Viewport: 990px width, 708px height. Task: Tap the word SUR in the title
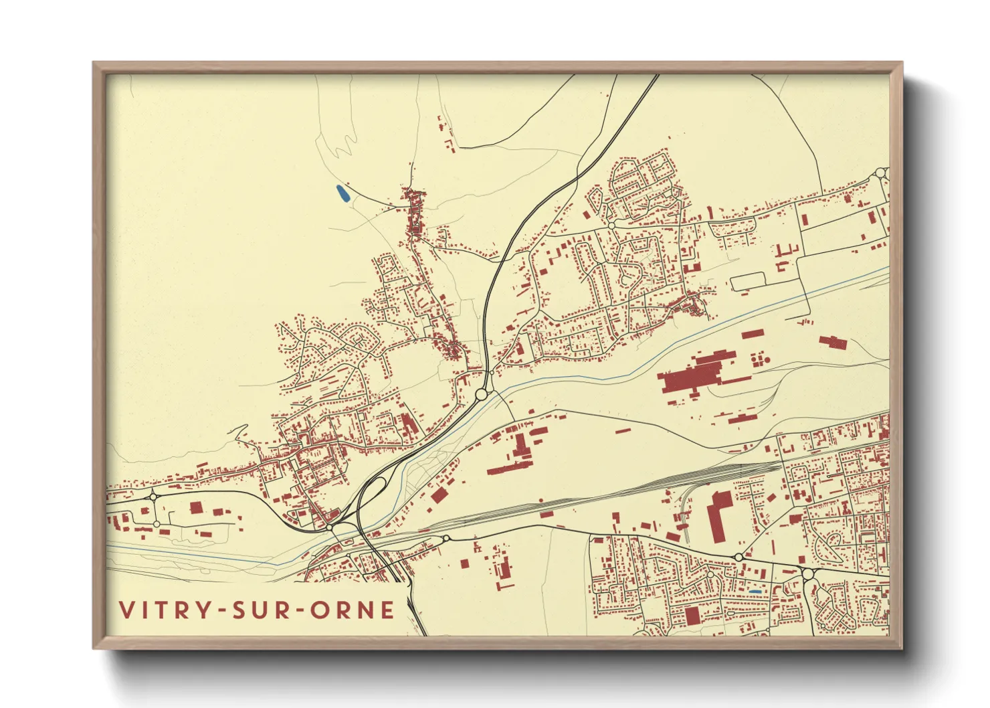(259, 610)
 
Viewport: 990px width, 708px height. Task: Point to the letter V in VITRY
(126, 610)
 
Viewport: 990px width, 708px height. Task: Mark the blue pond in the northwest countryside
(342, 194)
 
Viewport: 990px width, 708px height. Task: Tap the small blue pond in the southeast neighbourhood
(755, 592)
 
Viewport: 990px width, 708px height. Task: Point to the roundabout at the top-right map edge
(880, 173)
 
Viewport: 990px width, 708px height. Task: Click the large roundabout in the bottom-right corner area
(807, 574)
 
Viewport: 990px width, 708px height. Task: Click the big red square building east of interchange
(439, 495)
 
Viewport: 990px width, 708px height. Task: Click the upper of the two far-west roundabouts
(153, 497)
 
